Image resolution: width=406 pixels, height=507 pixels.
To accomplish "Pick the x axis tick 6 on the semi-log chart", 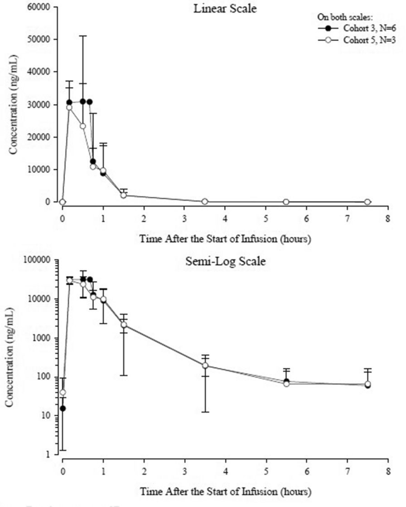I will [x=307, y=469].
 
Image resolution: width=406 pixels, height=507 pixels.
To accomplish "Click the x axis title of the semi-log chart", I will [x=225, y=491].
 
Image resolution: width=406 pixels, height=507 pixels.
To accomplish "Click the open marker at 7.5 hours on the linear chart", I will [x=367, y=202].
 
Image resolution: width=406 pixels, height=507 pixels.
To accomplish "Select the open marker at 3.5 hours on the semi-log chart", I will [x=205, y=366].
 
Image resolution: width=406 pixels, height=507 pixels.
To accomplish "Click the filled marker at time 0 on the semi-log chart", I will [x=63, y=409].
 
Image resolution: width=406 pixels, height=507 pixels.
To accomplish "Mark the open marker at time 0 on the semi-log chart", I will [x=63, y=393].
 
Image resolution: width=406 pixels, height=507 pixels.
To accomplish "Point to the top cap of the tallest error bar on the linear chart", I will [x=83, y=36].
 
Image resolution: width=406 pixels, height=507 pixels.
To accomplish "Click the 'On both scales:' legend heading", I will [x=339, y=16].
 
